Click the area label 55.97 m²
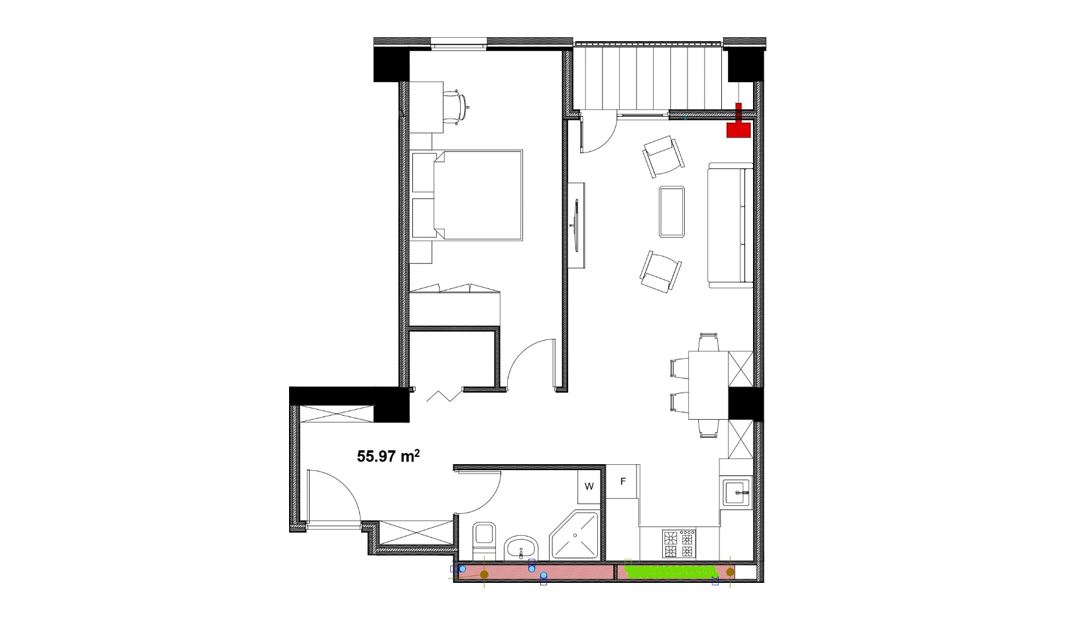[x=388, y=456]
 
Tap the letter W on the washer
[x=589, y=487]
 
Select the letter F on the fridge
[x=623, y=481]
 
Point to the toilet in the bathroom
[x=485, y=541]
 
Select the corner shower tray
[x=574, y=535]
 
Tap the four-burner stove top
[x=679, y=544]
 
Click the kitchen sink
[x=737, y=493]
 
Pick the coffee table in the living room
[x=672, y=212]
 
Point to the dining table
[x=708, y=385]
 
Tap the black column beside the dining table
[x=746, y=404]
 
